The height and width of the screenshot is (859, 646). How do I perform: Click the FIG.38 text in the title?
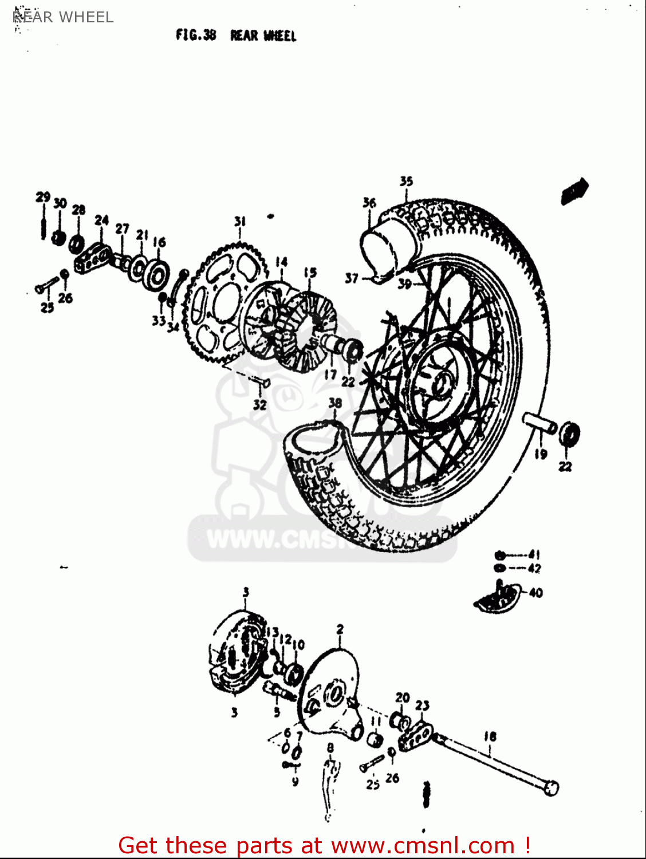(196, 36)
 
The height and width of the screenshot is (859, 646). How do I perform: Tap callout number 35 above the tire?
(406, 182)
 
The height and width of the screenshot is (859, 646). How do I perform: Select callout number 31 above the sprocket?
(239, 222)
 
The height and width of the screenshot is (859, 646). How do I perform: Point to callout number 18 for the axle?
(490, 736)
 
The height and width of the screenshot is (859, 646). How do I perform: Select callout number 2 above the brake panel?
(340, 629)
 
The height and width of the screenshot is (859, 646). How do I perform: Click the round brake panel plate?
(329, 693)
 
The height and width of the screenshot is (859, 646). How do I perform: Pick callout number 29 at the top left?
(43, 198)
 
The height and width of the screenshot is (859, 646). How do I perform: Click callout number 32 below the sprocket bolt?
(260, 405)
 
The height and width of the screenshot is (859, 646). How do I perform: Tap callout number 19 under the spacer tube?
(541, 454)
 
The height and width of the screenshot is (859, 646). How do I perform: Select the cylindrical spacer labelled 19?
(539, 424)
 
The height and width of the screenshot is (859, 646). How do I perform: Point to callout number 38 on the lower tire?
(335, 403)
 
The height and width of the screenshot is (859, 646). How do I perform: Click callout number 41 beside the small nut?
(534, 554)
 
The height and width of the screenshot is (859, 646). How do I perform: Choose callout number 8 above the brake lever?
(330, 747)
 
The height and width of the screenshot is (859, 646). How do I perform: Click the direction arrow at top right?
(575, 191)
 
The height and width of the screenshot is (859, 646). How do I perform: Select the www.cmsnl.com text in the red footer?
(423, 846)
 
